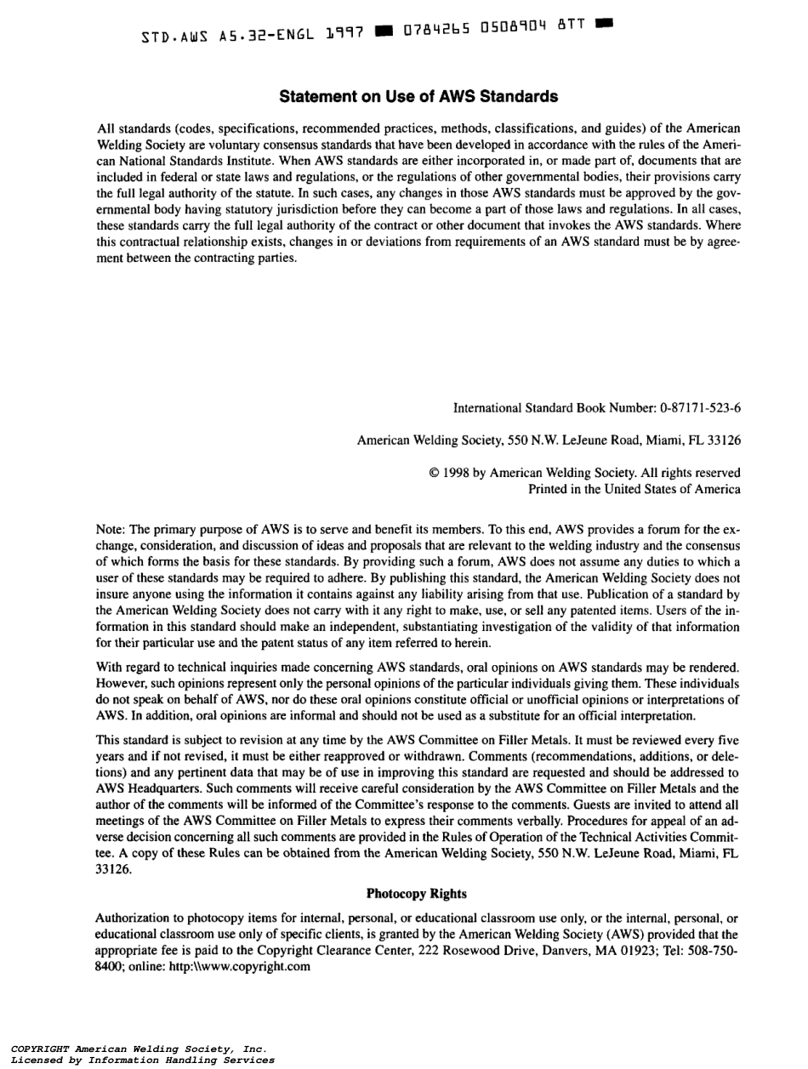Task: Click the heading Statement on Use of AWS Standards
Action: pyautogui.click(x=418, y=97)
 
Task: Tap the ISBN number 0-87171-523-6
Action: pyautogui.click(x=700, y=408)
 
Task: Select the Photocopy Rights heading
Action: pyautogui.click(x=417, y=894)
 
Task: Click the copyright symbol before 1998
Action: pyautogui.click(x=435, y=473)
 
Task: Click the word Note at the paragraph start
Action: pyautogui.click(x=111, y=530)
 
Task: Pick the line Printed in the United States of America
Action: pyautogui.click(x=634, y=489)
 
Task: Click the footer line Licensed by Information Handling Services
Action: pyautogui.click(x=143, y=1060)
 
